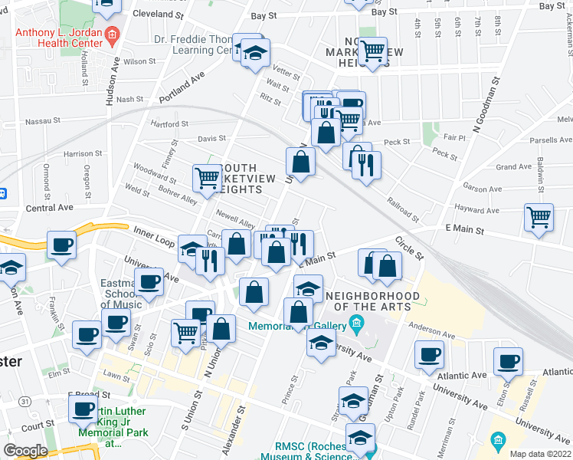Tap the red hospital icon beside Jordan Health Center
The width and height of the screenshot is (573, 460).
112,34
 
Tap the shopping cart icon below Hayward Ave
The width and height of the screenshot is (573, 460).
539,217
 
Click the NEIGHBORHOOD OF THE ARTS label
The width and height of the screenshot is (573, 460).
372,301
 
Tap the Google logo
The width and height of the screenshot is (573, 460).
26,450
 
